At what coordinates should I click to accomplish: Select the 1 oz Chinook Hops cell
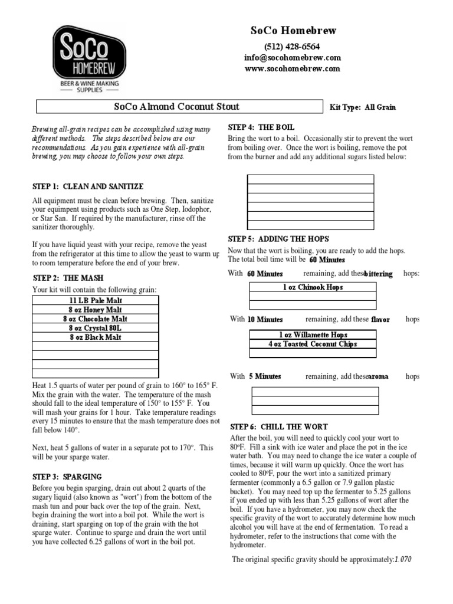(x=313, y=287)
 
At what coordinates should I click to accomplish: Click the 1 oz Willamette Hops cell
(x=313, y=334)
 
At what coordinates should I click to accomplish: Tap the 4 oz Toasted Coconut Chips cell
(x=313, y=344)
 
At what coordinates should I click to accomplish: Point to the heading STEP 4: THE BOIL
(x=261, y=127)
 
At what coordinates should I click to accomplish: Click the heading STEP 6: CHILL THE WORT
(x=278, y=426)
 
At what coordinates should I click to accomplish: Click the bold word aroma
(x=378, y=377)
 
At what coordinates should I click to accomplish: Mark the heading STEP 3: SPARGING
(x=67, y=477)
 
